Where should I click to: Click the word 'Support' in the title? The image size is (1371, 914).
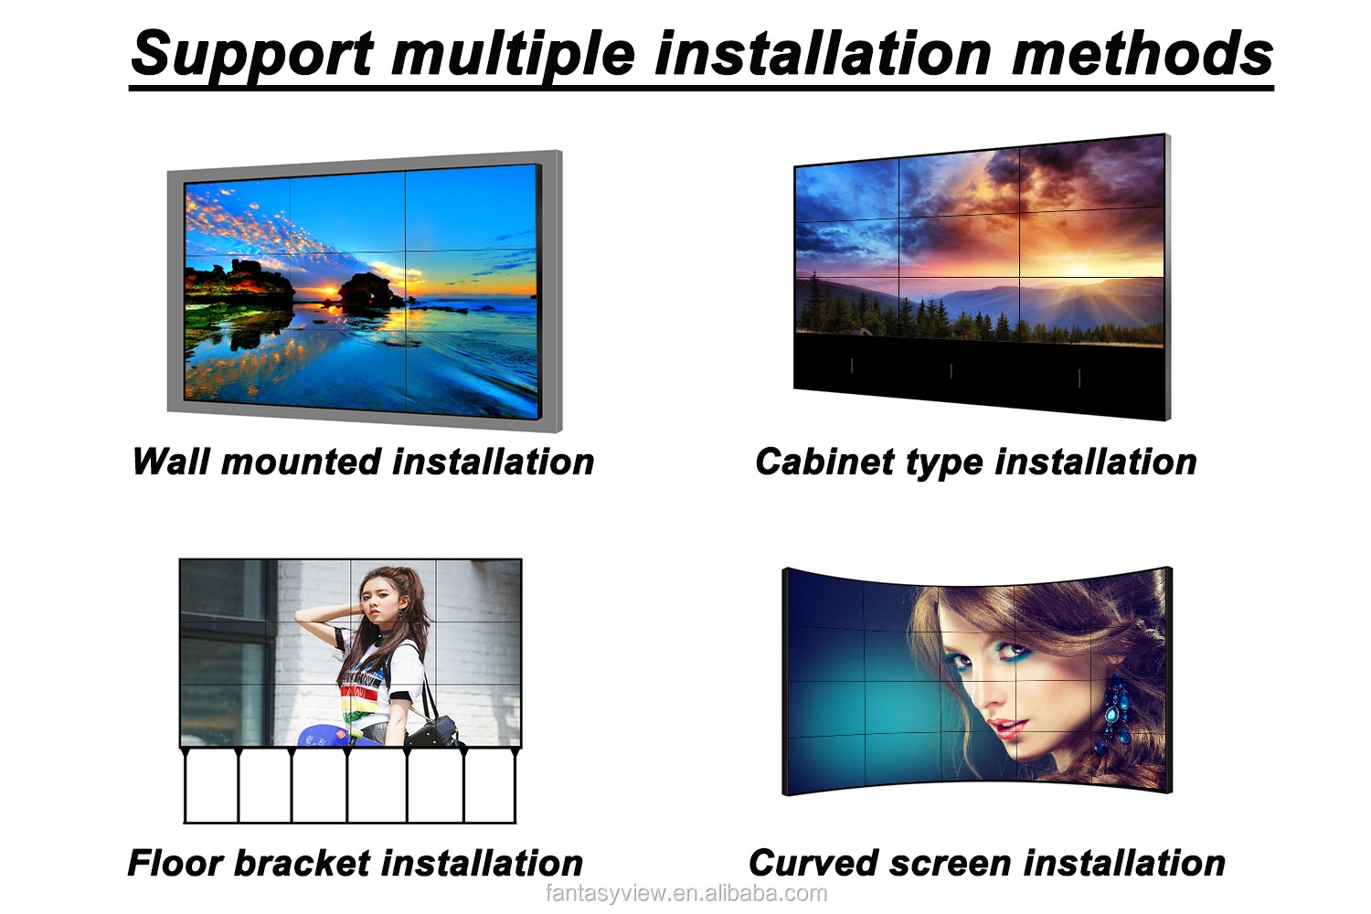[252, 55]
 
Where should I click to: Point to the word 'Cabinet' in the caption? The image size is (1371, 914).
[824, 462]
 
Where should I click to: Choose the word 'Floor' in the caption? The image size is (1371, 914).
[175, 864]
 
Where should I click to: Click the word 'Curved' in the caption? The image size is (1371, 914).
[813, 864]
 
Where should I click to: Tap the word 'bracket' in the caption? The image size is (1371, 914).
[303, 864]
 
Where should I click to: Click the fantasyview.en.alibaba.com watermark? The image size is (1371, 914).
[686, 894]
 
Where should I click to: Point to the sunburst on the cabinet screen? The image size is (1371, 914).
[1079, 270]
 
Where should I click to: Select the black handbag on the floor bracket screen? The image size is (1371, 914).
[434, 729]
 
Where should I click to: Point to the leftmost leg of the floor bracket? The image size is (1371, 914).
[185, 785]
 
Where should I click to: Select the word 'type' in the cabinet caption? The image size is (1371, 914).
[944, 462]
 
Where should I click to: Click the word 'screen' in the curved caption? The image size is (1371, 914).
[951, 865]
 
